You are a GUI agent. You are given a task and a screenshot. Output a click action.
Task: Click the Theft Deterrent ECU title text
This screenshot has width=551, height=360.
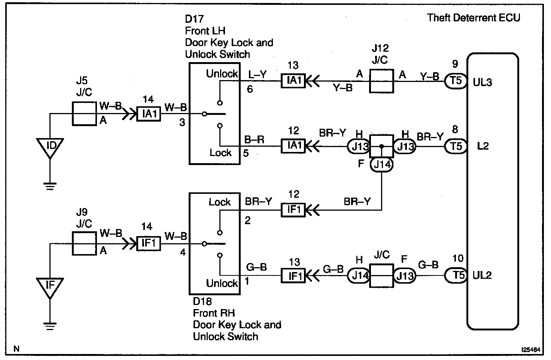coord(474,18)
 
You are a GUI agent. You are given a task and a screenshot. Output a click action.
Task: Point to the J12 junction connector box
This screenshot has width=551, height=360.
coord(381,80)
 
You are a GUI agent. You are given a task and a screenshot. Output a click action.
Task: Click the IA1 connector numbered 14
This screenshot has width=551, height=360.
coord(149,113)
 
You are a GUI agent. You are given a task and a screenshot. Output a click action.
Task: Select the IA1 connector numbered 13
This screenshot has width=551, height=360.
coord(293,80)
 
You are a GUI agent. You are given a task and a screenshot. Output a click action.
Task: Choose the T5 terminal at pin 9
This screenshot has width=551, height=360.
coord(456,81)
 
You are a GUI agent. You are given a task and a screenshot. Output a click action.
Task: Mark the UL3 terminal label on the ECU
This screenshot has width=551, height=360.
coord(482,82)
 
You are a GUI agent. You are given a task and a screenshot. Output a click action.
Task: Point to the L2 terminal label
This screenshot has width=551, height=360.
coord(483,146)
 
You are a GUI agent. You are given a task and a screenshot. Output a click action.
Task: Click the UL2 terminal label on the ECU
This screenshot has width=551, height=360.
coord(482,275)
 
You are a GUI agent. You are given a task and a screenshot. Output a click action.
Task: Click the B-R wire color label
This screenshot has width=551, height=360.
coord(255,140)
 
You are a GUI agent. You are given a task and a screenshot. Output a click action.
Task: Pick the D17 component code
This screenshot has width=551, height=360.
coord(194,19)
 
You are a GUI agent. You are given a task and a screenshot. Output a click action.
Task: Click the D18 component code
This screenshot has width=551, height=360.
coord(202,301)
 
